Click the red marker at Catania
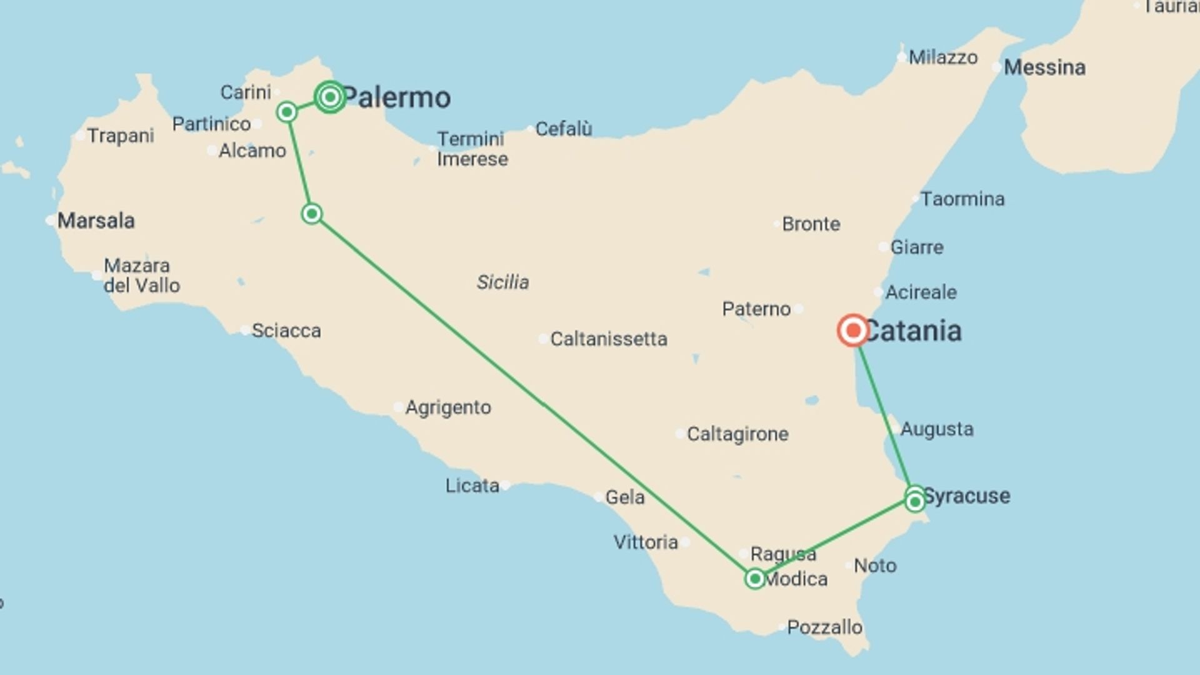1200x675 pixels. click(852, 330)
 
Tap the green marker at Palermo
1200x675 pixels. click(330, 97)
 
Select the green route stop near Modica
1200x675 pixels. click(755, 579)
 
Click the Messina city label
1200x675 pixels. click(1044, 67)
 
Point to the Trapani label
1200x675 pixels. click(121, 136)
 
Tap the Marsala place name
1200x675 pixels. click(96, 221)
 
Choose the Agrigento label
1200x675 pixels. click(448, 407)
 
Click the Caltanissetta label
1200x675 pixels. click(608, 339)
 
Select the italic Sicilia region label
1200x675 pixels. click(502, 282)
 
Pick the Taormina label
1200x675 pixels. click(962, 199)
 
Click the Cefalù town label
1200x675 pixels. click(564, 129)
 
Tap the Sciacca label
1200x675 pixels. click(286, 331)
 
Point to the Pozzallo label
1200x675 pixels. click(824, 627)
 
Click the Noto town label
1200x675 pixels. click(875, 566)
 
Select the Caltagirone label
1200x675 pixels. click(737, 434)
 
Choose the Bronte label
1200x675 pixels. click(811, 224)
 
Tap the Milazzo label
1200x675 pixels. click(943, 57)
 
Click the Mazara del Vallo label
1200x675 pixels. click(141, 276)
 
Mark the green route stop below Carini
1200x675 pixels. click(287, 112)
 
